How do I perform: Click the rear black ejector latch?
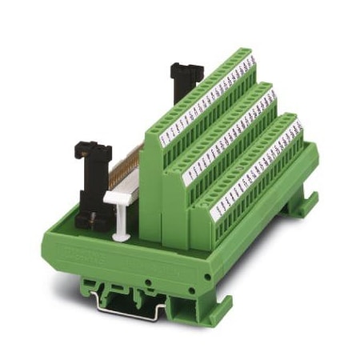(186, 80)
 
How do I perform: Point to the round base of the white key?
(120, 237)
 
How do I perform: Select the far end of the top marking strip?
(250, 58)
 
